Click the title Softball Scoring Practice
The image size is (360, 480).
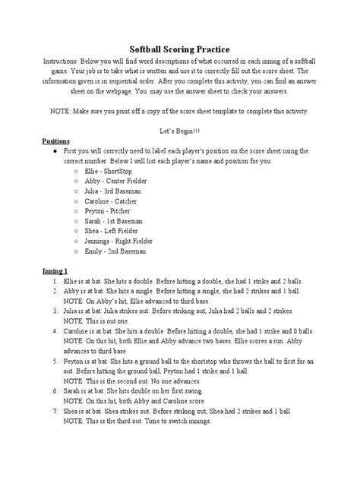coord(179,48)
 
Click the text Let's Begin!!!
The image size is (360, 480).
coord(179,131)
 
